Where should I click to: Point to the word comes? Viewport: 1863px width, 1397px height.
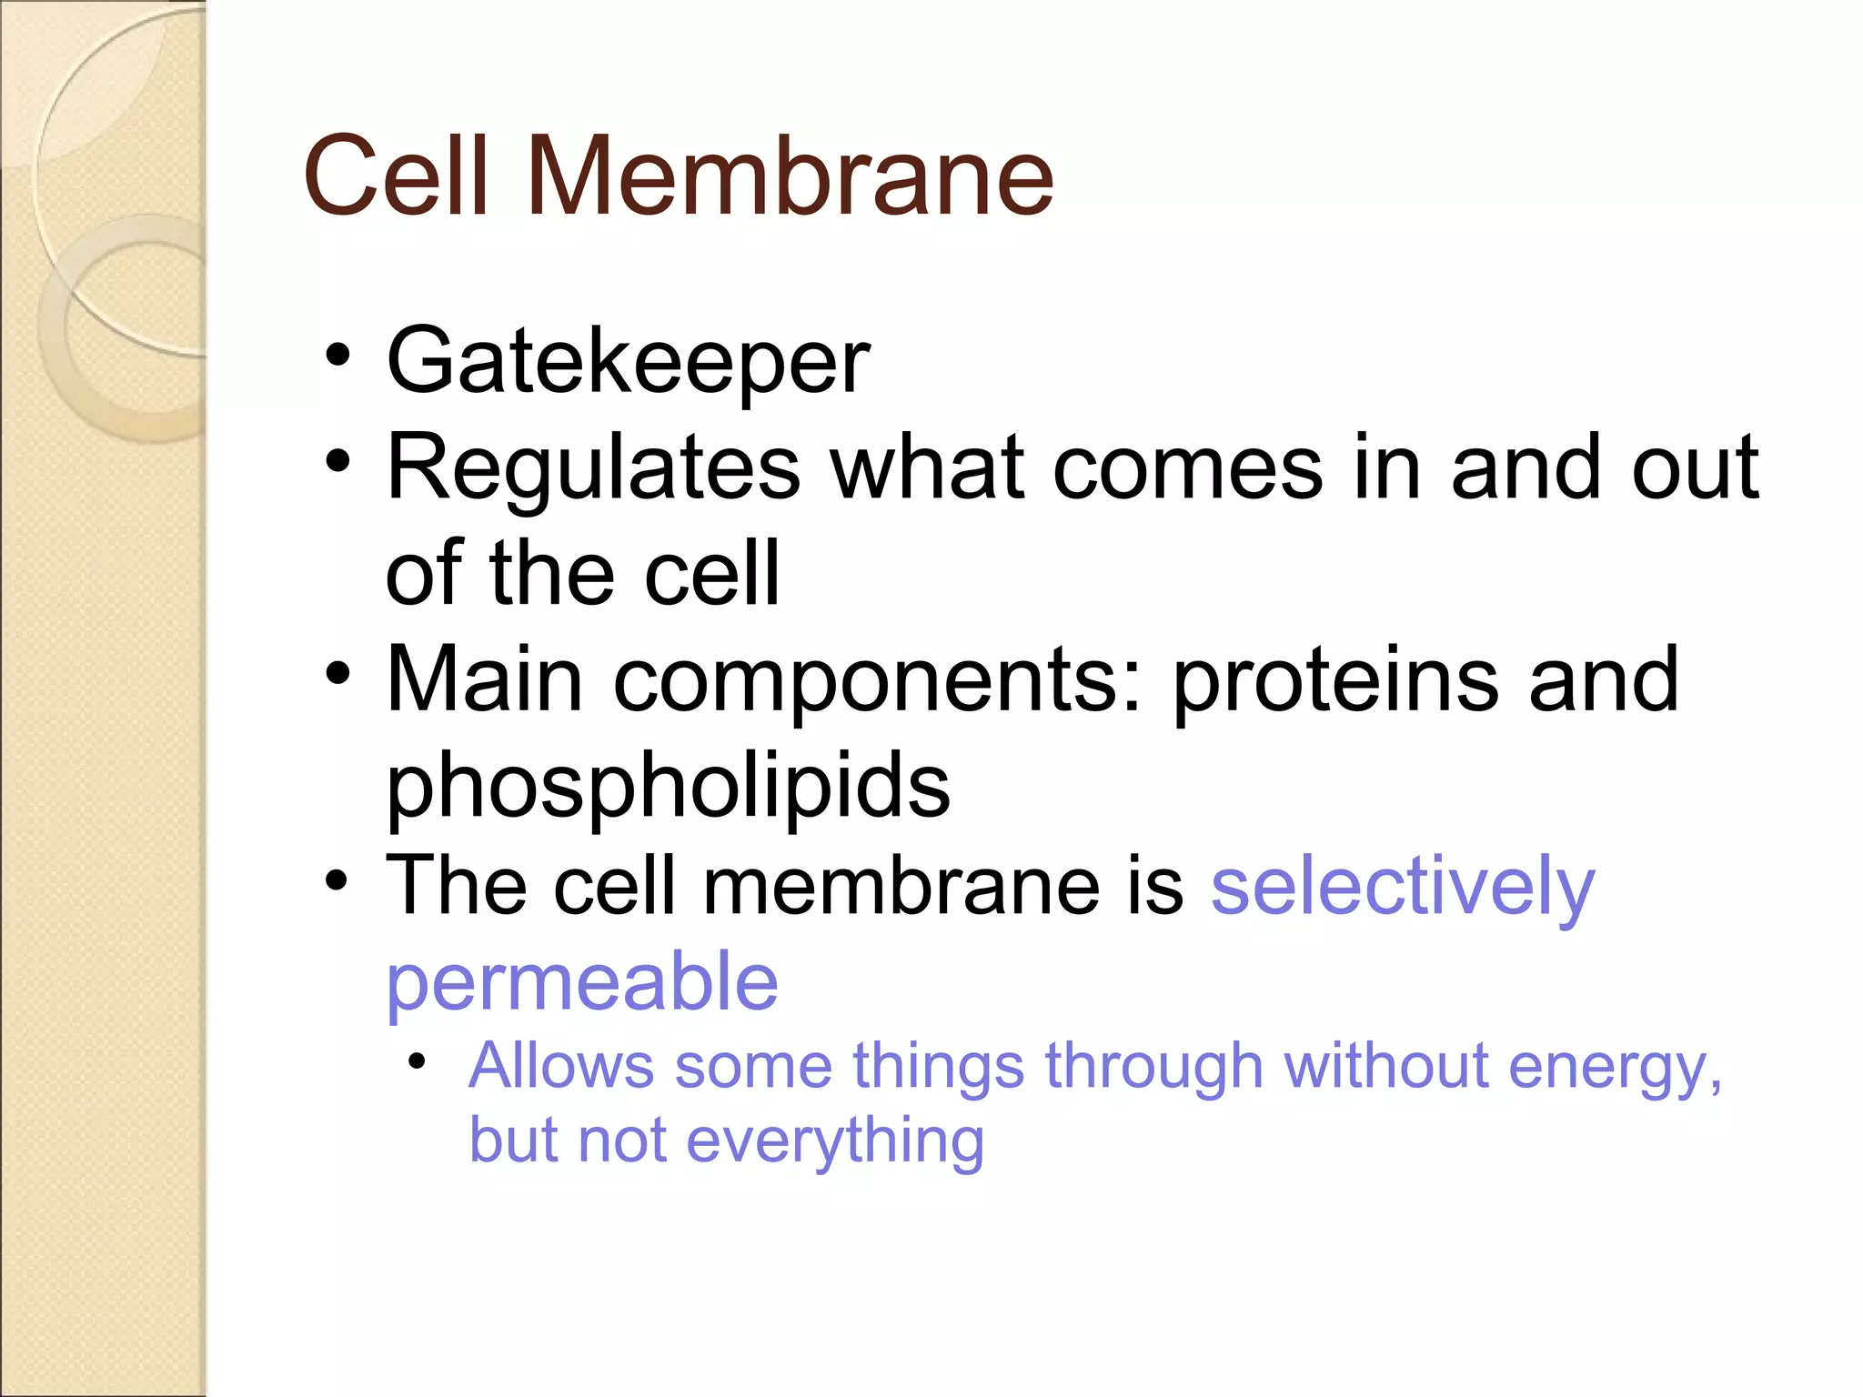pyautogui.click(x=1187, y=467)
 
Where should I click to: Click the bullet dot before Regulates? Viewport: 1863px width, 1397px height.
pyautogui.click(x=337, y=461)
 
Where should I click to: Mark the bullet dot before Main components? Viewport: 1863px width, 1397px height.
pyautogui.click(x=337, y=674)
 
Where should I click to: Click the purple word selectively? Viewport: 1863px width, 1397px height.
pyautogui.click(x=1403, y=888)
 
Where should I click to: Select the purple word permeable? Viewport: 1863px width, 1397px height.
pyautogui.click(x=582, y=985)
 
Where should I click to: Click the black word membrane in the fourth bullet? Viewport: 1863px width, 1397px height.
pyautogui.click(x=901, y=886)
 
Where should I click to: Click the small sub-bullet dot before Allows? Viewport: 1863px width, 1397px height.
pyautogui.click(x=417, y=1060)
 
